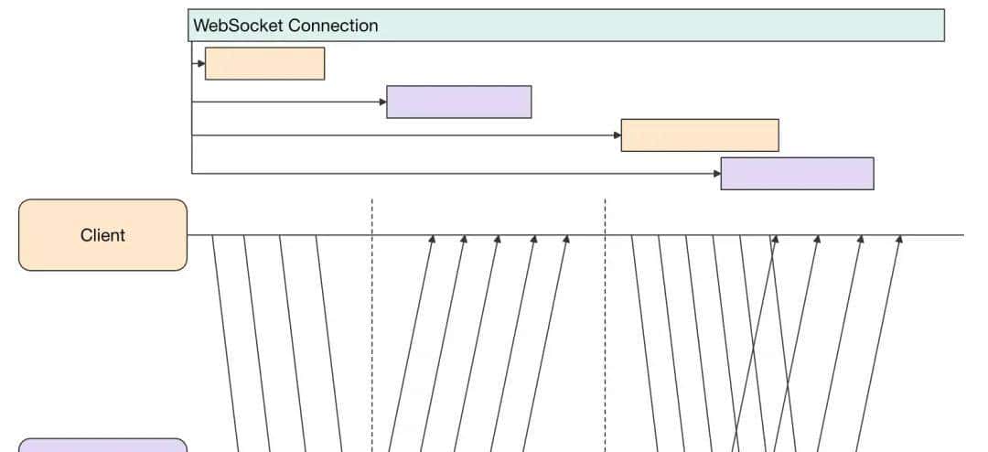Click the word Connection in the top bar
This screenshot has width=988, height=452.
pyautogui.click(x=333, y=26)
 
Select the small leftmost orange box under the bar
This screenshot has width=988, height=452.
pyautogui.click(x=264, y=63)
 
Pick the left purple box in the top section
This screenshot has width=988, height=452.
pyautogui.click(x=458, y=102)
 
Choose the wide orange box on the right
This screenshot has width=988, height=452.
pyautogui.click(x=700, y=135)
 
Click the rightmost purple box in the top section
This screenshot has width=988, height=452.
pyautogui.click(x=797, y=173)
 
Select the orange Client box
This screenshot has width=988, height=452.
pyautogui.click(x=102, y=235)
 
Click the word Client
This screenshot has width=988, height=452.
pyautogui.click(x=102, y=235)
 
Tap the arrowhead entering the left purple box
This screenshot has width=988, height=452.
pyautogui.click(x=382, y=102)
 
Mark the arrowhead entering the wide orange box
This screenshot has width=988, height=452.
pyautogui.click(x=617, y=135)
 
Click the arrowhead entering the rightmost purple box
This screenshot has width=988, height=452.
pyautogui.click(x=716, y=173)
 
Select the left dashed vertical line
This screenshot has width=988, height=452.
pyautogui.click(x=371, y=320)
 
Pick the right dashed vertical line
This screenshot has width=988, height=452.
pyautogui.click(x=605, y=320)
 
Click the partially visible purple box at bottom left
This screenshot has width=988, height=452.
pyautogui.click(x=102, y=446)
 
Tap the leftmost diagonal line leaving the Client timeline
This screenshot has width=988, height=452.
pyautogui.click(x=225, y=339)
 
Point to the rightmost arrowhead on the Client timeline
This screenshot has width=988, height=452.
pyautogui.click(x=899, y=240)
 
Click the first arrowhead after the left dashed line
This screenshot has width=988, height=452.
pyautogui.click(x=433, y=240)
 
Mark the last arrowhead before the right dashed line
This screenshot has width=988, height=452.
pyautogui.click(x=566, y=240)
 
